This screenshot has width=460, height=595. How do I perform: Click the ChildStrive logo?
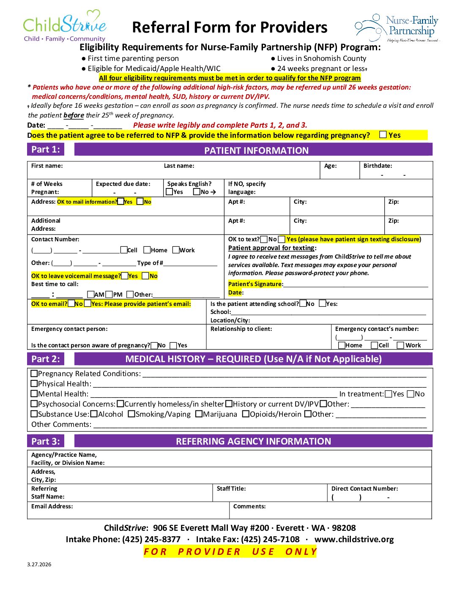click(65, 26)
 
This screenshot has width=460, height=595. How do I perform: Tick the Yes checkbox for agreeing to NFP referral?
click(383, 135)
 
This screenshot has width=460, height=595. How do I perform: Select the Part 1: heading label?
click(46, 149)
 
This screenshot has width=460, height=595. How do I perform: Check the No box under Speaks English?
click(197, 192)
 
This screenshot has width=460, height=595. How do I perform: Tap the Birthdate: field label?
click(378, 166)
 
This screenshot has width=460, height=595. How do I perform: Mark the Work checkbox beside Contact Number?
click(176, 250)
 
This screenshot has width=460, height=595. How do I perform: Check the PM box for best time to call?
click(109, 294)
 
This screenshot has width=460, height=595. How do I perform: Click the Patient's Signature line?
click(355, 284)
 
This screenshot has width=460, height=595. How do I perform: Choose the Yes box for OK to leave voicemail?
click(125, 276)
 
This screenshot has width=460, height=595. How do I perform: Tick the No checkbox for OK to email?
click(71, 303)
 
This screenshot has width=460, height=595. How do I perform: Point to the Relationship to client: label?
click(241, 329)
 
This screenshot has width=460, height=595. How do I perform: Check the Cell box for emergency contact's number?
click(374, 345)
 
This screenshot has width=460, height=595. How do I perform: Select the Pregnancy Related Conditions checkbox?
click(34, 374)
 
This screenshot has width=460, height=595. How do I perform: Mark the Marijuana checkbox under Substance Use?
click(199, 414)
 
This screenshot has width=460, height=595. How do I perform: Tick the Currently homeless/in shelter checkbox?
click(120, 404)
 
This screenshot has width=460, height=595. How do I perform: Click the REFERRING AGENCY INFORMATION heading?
click(253, 441)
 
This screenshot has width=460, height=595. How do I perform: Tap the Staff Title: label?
click(231, 489)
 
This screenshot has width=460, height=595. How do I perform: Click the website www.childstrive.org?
click(354, 539)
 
